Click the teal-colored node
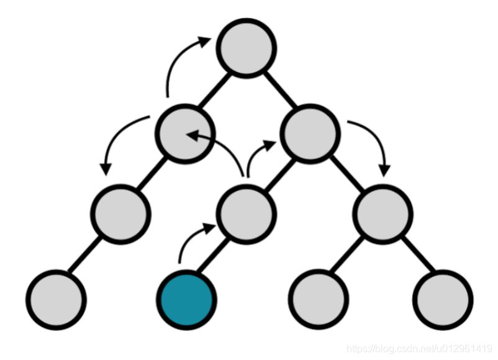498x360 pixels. click(x=186, y=300)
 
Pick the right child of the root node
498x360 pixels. click(x=310, y=133)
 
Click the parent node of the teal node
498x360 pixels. click(x=245, y=215)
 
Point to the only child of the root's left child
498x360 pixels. click(x=122, y=215)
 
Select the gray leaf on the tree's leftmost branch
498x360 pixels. click(x=57, y=300)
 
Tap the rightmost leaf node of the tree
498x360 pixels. click(x=441, y=300)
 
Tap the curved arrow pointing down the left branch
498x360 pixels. click(x=118, y=140)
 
